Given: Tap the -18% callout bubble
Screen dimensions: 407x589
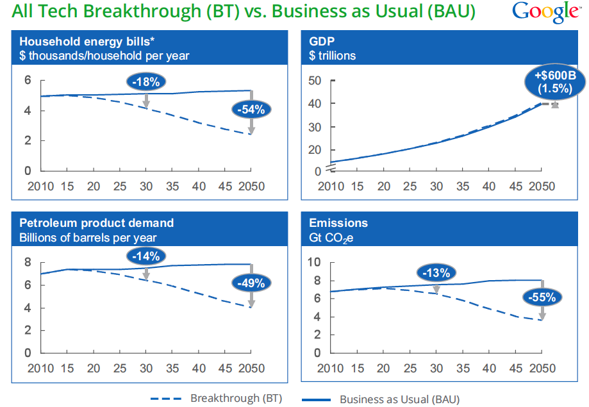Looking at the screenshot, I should [147, 81].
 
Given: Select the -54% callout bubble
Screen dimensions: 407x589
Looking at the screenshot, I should [251, 110].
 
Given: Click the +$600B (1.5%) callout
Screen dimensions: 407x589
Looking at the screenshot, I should [555, 81].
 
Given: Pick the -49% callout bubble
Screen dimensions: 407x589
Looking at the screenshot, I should [251, 283].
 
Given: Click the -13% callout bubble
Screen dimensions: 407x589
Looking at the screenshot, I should [437, 273].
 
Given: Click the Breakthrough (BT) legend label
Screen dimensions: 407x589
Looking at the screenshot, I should [236, 398].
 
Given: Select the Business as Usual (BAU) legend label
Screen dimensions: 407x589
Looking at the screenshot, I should [399, 399].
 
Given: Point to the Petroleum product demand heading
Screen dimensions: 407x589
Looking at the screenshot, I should [97, 223].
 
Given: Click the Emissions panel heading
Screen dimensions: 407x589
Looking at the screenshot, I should [338, 223].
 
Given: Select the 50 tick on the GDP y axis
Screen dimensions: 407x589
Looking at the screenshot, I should [314, 80].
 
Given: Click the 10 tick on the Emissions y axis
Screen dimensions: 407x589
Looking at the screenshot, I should [314, 262].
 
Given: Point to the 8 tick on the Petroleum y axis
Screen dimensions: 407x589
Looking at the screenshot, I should [28, 262].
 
